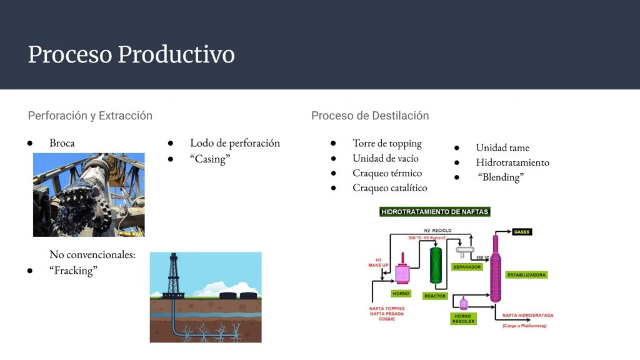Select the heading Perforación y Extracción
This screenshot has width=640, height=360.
pos(90,116)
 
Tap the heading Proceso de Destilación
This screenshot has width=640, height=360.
pos(370,116)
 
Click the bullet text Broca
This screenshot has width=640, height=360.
pos(62,143)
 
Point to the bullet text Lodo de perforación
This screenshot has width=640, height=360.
pos(235,143)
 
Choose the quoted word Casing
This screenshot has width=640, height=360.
pos(210,159)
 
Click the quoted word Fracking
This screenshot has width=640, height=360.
pos(73,271)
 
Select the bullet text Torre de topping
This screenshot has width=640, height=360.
pos(387,143)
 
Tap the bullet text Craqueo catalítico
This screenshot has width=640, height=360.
pos(389,187)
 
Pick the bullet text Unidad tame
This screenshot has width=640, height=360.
pos(502,147)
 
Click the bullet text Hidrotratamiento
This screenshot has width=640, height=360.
pos(512,162)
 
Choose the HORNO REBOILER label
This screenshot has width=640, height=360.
pos(463,319)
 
